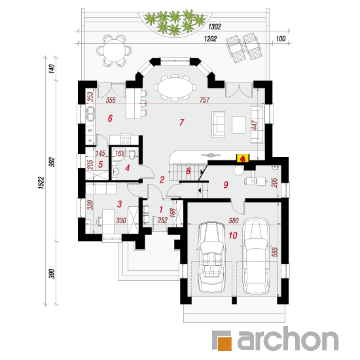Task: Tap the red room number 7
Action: point(181,122)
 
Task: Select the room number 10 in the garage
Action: point(233,236)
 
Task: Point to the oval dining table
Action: point(175,88)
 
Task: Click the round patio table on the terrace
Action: point(114,50)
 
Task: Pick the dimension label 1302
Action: point(215,27)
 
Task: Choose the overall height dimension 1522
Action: point(41,183)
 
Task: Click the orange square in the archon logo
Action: point(225,344)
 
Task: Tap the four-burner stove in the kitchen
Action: point(126,140)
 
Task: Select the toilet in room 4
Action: point(132,155)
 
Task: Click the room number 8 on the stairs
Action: point(189,171)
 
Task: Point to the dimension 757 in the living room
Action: point(204,100)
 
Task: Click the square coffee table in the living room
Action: point(239,125)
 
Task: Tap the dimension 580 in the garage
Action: point(234,221)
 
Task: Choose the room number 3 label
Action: point(119,204)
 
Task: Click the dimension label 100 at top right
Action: point(280,39)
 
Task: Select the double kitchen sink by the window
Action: point(90,114)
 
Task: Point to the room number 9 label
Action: point(226,185)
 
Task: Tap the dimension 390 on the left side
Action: point(52,274)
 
